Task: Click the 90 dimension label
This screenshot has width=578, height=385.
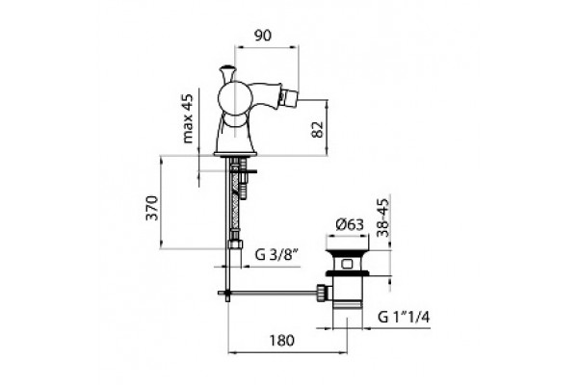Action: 262,35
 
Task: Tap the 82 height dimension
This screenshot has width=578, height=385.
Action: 317,129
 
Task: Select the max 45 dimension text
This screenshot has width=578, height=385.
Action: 188,118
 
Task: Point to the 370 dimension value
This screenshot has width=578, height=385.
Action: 152,208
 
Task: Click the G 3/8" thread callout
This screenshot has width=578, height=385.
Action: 276,254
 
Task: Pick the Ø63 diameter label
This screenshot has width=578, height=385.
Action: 350,224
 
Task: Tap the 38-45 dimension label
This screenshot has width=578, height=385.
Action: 383,218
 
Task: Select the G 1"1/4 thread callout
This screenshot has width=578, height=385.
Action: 404,317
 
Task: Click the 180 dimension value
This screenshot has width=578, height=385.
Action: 281,341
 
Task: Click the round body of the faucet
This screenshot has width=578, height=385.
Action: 235,98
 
